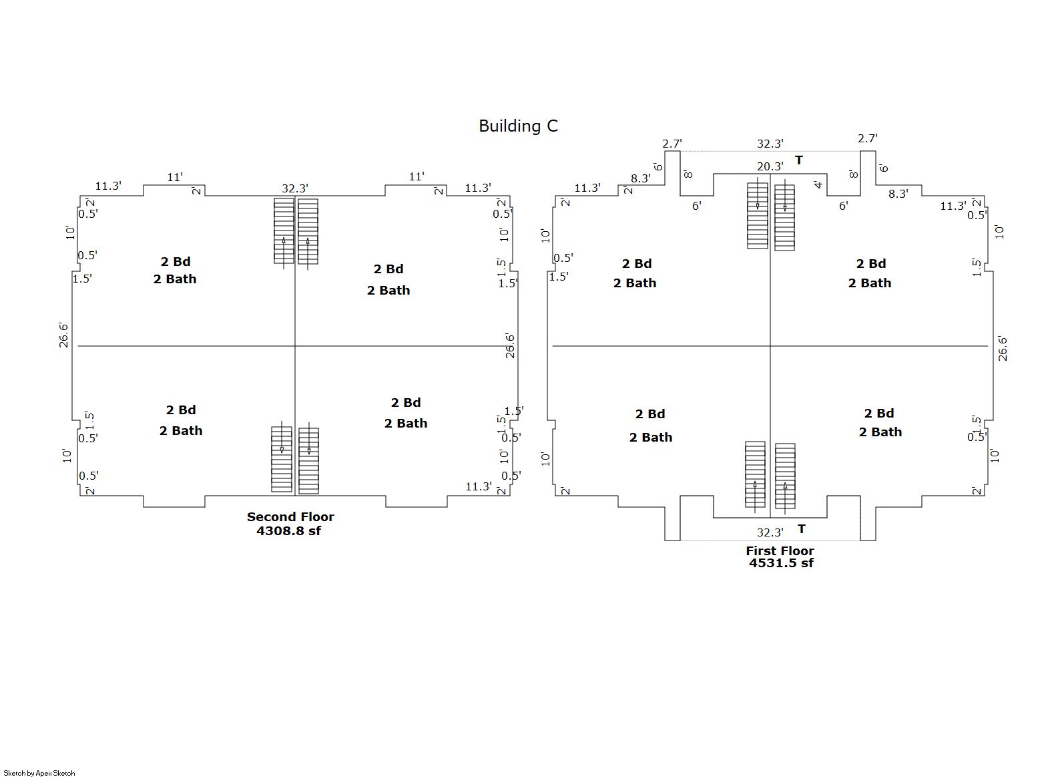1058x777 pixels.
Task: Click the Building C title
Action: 518,126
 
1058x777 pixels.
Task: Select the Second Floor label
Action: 290,516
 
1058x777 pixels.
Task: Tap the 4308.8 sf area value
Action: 288,531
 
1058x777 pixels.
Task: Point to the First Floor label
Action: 780,551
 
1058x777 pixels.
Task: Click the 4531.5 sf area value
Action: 781,563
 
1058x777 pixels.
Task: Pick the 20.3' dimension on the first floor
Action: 770,166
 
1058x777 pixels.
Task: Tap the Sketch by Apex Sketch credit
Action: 39,773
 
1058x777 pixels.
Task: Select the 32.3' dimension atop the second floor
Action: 294,188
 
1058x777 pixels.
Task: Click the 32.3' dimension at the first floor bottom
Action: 770,532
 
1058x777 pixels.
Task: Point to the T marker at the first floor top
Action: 799,160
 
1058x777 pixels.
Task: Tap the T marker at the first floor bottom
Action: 802,529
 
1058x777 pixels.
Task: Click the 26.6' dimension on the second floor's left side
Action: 64,335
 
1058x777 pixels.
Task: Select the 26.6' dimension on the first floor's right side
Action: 1003,349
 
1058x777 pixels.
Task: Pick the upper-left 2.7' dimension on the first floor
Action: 672,144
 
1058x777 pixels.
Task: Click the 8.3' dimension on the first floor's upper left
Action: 640,178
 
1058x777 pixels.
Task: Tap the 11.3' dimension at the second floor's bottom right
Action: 478,486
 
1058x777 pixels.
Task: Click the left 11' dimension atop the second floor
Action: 175,177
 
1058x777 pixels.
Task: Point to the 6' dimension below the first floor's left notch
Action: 697,206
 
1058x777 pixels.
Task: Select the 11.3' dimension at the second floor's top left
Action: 108,186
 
